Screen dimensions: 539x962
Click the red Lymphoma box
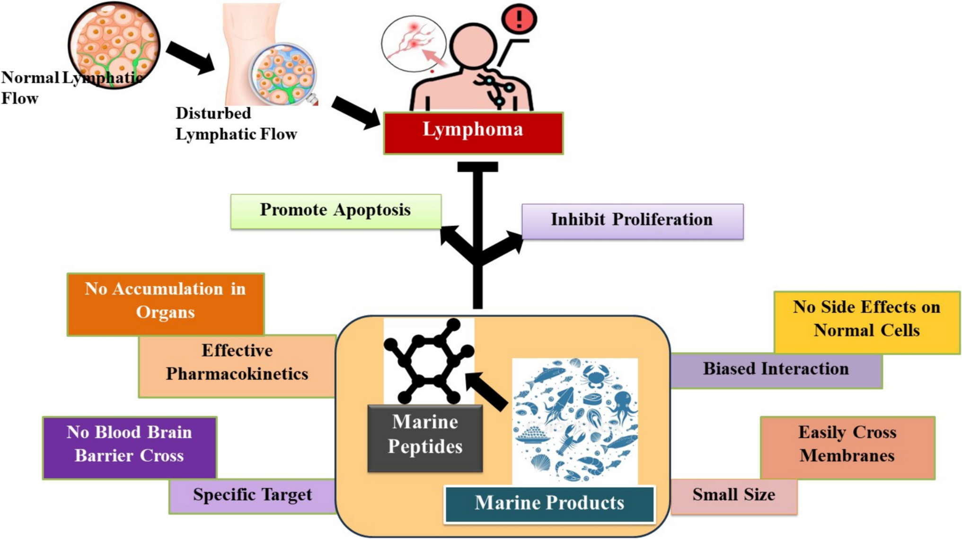coord(473,133)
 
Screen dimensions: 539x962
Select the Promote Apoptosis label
coord(335,211)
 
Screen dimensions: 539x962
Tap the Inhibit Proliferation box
coord(632,221)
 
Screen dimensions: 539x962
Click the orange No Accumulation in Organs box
coord(165,304)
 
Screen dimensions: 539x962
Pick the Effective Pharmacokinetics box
coord(237,366)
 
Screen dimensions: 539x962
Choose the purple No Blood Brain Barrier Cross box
coord(129,447)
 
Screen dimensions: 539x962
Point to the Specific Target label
coord(252,496)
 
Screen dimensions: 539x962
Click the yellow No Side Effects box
coord(866,322)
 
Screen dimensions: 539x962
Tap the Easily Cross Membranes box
coord(847,447)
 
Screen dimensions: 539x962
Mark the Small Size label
coord(733,496)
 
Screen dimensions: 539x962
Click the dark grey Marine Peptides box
coord(425,438)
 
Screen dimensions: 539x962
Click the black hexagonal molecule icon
coord(428,361)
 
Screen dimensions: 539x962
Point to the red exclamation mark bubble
coord(519,19)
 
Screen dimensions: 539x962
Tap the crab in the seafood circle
coord(596,376)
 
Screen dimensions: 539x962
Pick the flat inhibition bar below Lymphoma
coord(477,167)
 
